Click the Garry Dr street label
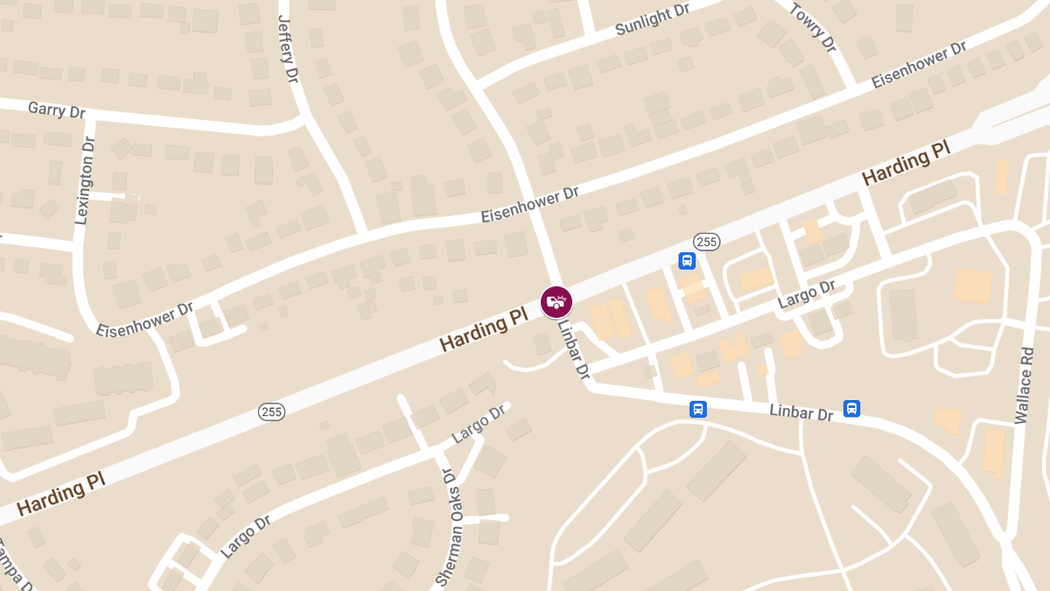pos(57,110)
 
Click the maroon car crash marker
pos(556,301)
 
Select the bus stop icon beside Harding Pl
pos(688,260)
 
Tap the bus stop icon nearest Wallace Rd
pos(851,408)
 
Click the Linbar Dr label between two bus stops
pos(801,412)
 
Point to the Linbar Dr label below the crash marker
pos(575,348)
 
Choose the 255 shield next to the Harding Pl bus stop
pos(706,241)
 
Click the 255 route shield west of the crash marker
pos(270,411)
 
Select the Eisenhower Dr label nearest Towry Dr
pos(919,63)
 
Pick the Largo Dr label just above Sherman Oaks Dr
pos(479,424)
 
